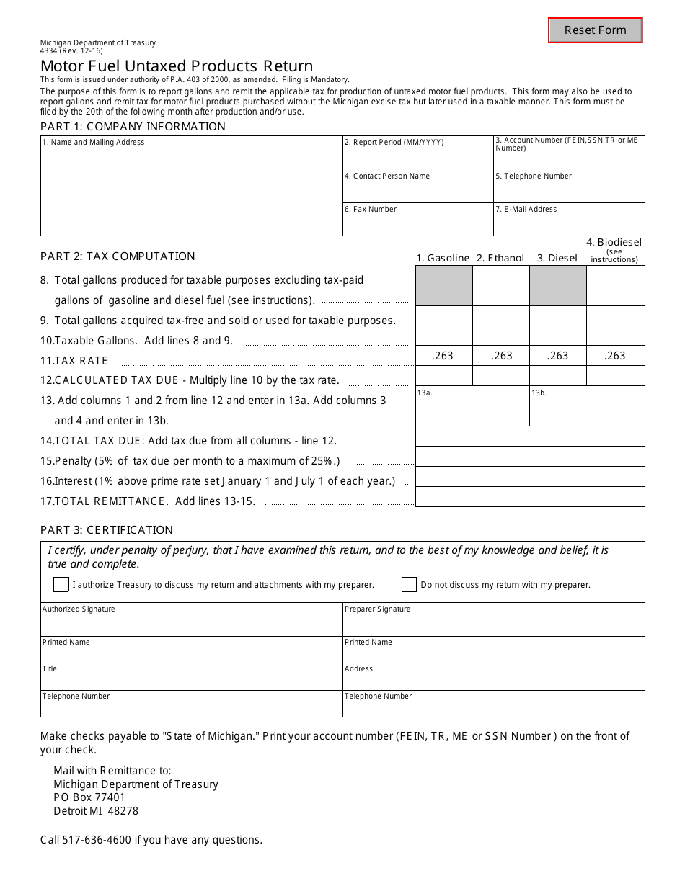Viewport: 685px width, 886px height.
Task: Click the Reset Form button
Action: [x=595, y=30]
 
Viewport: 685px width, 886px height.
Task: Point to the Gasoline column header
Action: [x=443, y=258]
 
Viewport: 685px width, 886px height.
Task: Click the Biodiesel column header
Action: [x=614, y=249]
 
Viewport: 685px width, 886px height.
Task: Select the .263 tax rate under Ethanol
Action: [x=501, y=355]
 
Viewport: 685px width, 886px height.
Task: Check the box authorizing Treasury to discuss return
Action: [x=61, y=584]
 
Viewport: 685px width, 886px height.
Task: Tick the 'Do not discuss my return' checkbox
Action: [x=409, y=584]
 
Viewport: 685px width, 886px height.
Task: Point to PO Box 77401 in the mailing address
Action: [x=89, y=797]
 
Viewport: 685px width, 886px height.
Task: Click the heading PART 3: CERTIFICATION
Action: [x=107, y=530]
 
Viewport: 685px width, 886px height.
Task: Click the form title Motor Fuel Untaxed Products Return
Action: [x=177, y=67]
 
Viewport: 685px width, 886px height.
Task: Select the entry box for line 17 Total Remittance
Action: [x=530, y=497]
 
